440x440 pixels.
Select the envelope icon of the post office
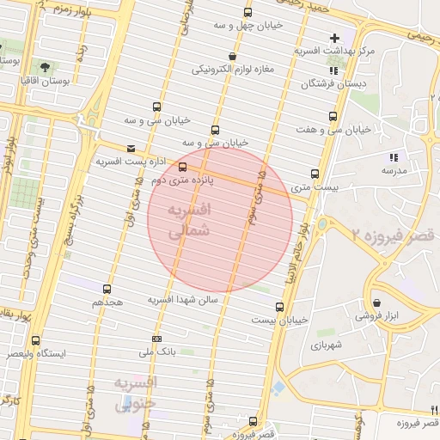131,148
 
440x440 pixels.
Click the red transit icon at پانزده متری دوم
181,167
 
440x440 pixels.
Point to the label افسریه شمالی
186,221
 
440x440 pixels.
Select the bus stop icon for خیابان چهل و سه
248,13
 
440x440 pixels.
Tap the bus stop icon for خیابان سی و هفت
332,117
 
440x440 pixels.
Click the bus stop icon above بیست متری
315,174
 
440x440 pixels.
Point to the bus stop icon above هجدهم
107,290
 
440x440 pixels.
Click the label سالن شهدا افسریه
184,299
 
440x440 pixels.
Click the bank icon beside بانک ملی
156,339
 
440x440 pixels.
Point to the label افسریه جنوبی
135,392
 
